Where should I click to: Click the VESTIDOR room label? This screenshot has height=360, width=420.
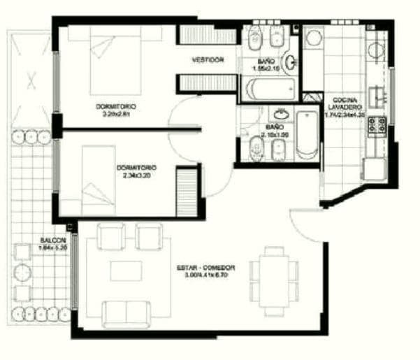(x=208, y=60)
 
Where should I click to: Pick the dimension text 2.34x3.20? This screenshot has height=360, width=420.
(x=136, y=175)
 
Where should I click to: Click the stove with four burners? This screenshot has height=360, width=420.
(x=377, y=125)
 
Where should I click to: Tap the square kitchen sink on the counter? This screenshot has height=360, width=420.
(x=378, y=94)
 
